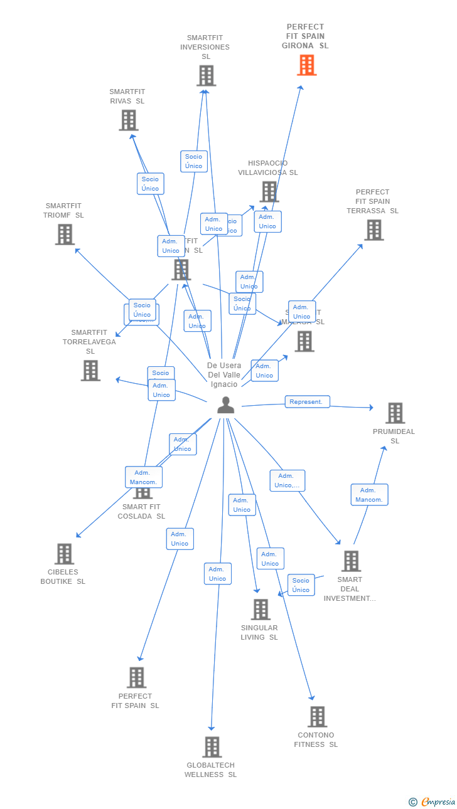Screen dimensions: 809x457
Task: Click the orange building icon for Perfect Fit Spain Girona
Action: [x=306, y=65]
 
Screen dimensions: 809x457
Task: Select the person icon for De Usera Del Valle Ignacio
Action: [x=225, y=405]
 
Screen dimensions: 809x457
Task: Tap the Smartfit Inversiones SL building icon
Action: [x=206, y=75]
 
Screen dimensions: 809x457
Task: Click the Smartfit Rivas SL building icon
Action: [x=128, y=120]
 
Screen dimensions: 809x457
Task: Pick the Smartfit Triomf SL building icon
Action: [x=65, y=234]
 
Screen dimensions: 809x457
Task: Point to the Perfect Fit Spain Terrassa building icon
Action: [x=374, y=230]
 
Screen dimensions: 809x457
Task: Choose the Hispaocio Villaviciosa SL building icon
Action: [x=269, y=191]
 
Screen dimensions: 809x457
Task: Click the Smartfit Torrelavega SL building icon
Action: [x=90, y=370]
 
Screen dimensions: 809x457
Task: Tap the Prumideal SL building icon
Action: [x=395, y=413]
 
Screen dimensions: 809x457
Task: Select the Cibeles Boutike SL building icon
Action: [x=64, y=554]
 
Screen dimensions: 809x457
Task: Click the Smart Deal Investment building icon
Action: [x=351, y=561]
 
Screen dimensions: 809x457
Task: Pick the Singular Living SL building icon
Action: [x=260, y=609]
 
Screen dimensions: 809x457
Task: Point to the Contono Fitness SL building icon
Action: [x=317, y=716]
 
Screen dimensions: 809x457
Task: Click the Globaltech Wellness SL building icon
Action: [x=212, y=746]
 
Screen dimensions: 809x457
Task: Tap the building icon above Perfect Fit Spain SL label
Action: [x=136, y=677]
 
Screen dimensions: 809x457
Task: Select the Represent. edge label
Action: [x=307, y=401]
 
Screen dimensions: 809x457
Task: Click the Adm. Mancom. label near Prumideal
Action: [x=369, y=495]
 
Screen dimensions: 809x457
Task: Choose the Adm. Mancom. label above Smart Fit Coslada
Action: [x=144, y=477]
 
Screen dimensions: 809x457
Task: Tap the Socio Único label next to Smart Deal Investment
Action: [x=301, y=585]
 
